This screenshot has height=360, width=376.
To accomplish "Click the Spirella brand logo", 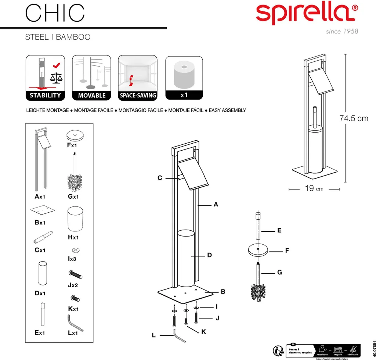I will [x=307, y=14].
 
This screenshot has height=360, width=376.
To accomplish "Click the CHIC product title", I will [x=55, y=13].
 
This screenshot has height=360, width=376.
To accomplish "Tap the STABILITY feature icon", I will [x=45, y=78].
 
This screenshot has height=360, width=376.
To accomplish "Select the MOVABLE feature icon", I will [x=91, y=78].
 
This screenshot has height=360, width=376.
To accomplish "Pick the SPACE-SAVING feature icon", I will [x=138, y=78].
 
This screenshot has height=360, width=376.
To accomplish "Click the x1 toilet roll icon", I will [x=184, y=78].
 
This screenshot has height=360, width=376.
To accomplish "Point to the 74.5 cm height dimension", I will [x=353, y=118].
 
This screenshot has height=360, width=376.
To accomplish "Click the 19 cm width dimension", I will [x=314, y=188].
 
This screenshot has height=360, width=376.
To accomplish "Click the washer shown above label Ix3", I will [x=76, y=250].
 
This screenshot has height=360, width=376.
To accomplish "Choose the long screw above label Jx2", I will [x=75, y=274].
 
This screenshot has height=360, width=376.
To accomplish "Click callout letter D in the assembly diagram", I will [x=209, y=255].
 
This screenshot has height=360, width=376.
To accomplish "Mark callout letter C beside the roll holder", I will [x=160, y=178].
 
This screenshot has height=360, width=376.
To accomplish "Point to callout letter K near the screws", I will [x=203, y=332].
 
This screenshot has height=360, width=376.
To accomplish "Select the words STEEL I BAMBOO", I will [x=58, y=37].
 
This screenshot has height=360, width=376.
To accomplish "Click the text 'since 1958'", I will [x=342, y=31].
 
